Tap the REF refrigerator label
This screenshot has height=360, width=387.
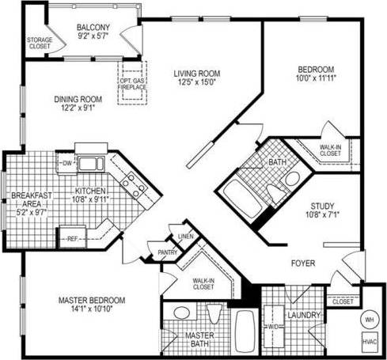point(72,237)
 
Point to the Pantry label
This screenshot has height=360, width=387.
point(168,252)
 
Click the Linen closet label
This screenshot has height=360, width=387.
point(186,236)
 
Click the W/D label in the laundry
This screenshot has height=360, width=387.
point(273,327)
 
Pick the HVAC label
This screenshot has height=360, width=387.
point(370,343)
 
